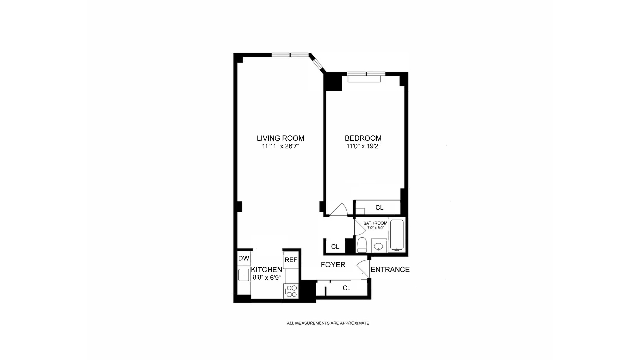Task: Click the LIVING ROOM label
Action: [x=280, y=138]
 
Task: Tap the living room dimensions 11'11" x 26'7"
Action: [x=280, y=146]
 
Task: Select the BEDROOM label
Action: [x=363, y=138]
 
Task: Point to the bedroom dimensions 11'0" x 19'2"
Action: [x=363, y=146]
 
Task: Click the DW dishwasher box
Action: [x=244, y=258]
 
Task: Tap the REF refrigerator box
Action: [x=291, y=260]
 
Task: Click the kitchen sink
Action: [x=244, y=275]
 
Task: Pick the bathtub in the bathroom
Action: [x=397, y=235]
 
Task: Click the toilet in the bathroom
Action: [x=362, y=245]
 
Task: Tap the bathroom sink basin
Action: [x=378, y=247]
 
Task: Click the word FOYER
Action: [x=333, y=265]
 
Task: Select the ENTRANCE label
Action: [x=390, y=270]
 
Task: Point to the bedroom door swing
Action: [x=339, y=210]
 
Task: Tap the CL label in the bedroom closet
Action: [x=379, y=208]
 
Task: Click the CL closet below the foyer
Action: [x=346, y=288]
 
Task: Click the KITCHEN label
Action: [x=266, y=270]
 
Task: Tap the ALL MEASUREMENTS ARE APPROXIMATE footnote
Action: [x=328, y=323]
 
